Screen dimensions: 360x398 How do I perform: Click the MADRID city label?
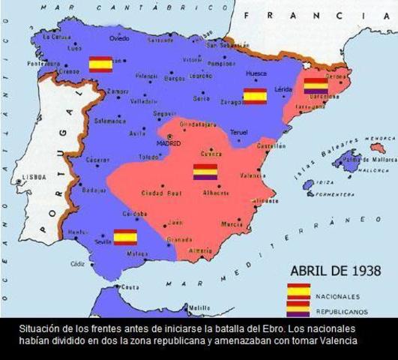click(170, 142)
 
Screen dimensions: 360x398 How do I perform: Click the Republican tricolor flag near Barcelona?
click(315, 87)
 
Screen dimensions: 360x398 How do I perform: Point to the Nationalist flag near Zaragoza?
click(255, 96)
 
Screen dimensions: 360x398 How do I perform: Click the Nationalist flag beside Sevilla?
click(125, 238)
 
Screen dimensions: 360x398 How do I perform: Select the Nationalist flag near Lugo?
click(100, 64)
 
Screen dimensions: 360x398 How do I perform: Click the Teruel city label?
click(238, 132)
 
